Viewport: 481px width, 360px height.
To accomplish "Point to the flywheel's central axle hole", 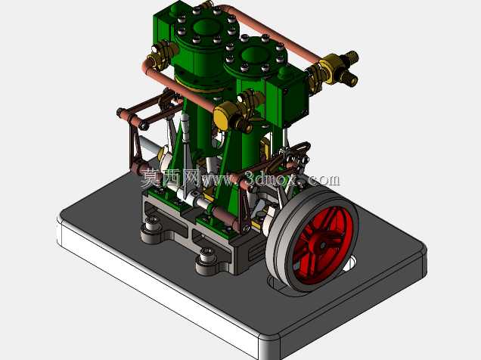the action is coord(323,245).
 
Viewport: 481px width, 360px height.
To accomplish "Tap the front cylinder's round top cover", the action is coord(256,57).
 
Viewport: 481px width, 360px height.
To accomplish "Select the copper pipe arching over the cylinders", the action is coord(270,31).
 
